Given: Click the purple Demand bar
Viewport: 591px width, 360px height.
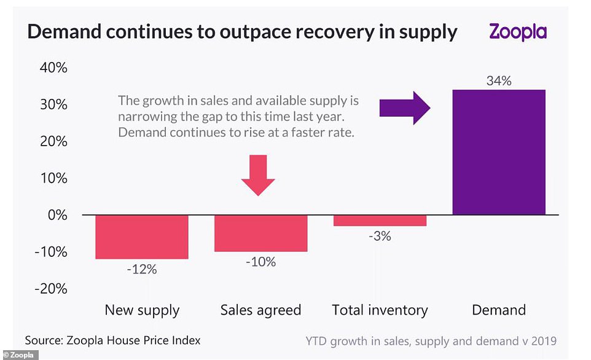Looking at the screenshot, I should (x=498, y=152).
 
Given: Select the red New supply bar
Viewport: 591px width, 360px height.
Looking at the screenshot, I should (x=142, y=237).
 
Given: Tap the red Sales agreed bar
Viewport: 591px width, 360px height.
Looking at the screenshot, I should (x=260, y=233).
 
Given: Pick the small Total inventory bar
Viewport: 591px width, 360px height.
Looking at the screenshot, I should (x=380, y=221).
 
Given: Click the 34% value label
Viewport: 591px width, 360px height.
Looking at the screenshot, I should (x=498, y=80).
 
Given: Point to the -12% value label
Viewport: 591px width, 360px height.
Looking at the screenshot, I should (x=142, y=269).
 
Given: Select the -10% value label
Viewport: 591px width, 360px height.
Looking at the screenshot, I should (x=260, y=262).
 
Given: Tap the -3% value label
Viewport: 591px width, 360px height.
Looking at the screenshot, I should (x=380, y=236).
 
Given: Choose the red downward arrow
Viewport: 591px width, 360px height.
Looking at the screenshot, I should (x=258, y=175).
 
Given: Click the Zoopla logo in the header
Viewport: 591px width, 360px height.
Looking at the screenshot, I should (x=517, y=31).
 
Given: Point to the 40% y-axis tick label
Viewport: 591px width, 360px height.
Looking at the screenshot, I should (x=52, y=68).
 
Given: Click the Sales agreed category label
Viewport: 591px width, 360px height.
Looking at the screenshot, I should (x=260, y=310).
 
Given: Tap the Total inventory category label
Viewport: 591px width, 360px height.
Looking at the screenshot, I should (x=380, y=310).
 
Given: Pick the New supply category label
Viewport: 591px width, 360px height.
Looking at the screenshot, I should (x=142, y=310).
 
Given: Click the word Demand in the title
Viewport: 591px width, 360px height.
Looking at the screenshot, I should (x=65, y=32).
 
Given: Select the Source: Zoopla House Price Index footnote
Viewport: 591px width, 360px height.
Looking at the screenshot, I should (x=112, y=340).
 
